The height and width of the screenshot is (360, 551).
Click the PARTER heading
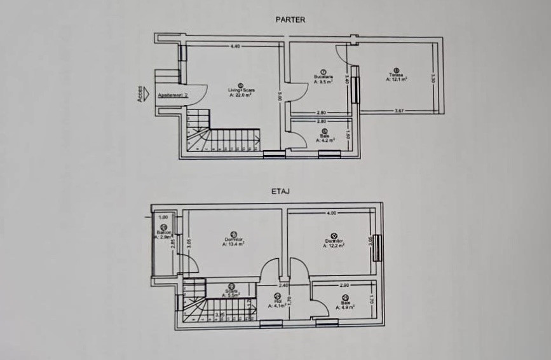pos(290,20)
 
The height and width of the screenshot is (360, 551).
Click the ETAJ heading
pos(282,190)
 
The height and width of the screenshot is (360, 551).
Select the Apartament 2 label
pos(173,95)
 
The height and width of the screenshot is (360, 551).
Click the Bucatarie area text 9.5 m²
pos(324,81)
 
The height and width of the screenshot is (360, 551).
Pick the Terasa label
pos(397,76)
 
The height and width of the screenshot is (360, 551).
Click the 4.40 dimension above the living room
pos(235,46)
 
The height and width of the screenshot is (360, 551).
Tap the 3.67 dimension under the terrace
pos(399,111)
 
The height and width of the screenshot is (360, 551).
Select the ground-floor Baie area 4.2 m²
pos(325,140)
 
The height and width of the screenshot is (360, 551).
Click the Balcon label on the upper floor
pos(163,233)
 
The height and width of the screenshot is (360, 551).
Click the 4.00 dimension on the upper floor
pos(332,214)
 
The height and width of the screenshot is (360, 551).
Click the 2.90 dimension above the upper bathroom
pos(344,285)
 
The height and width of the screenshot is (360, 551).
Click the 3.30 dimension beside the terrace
pos(433,80)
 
